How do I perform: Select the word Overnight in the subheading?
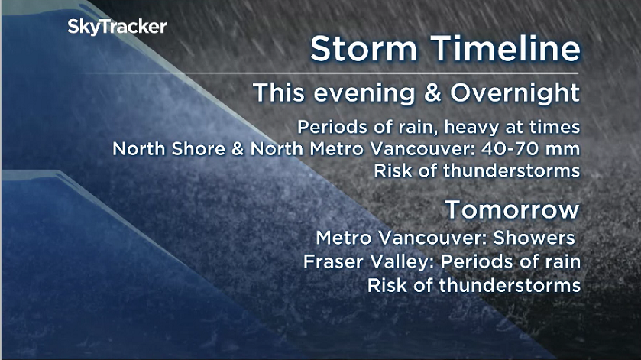[x=515, y=93]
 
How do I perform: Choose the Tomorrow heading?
[x=513, y=209]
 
